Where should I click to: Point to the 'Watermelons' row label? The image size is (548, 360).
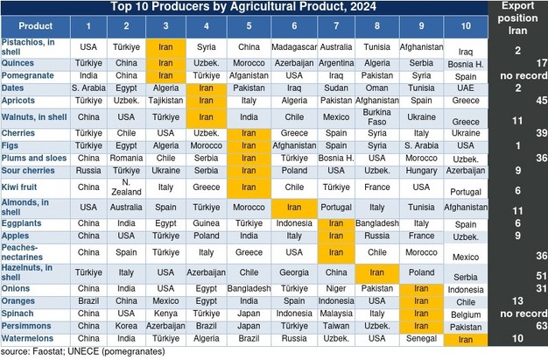click(x=29, y=338)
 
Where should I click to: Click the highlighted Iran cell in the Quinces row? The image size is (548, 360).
click(x=165, y=64)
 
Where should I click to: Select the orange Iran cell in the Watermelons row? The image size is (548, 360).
click(x=465, y=338)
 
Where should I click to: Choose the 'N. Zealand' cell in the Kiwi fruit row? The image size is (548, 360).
click(x=126, y=187)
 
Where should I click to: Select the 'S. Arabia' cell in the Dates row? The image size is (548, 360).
click(x=88, y=88)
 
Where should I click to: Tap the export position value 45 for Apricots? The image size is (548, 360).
click(x=540, y=102)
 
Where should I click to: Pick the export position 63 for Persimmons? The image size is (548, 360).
click(x=540, y=325)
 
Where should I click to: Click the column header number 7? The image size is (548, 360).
click(x=336, y=26)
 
